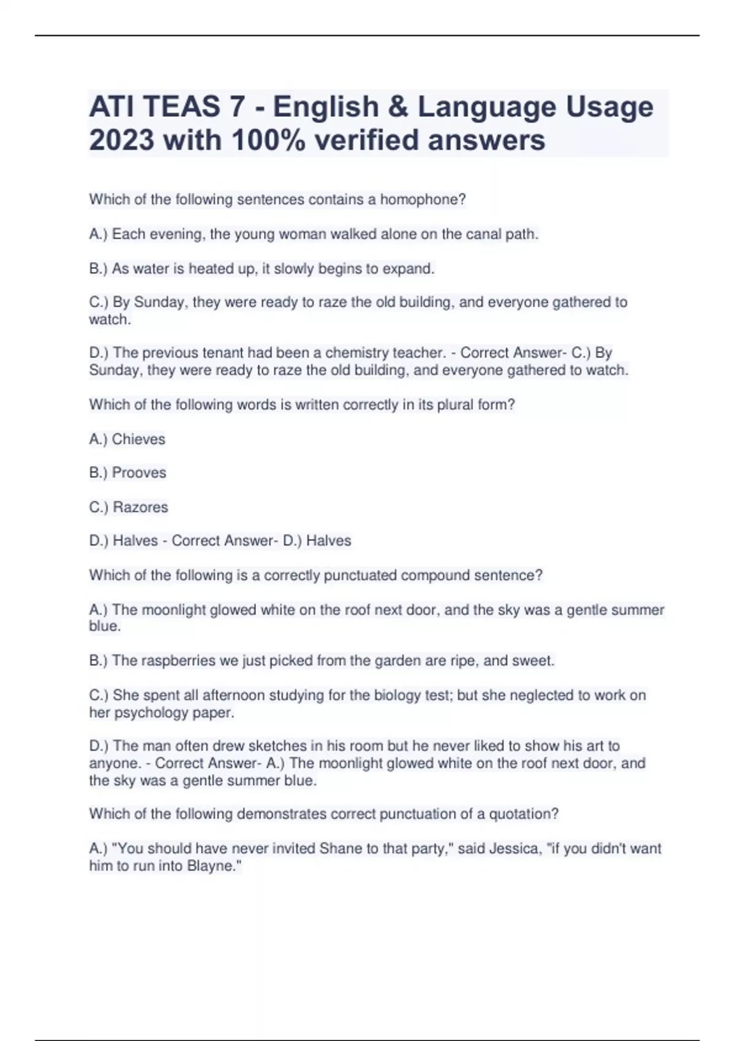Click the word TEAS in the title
(180, 107)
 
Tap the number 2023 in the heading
(121, 140)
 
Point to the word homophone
(422, 200)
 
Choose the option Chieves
(138, 439)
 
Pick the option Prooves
(139, 473)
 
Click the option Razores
(140, 507)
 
